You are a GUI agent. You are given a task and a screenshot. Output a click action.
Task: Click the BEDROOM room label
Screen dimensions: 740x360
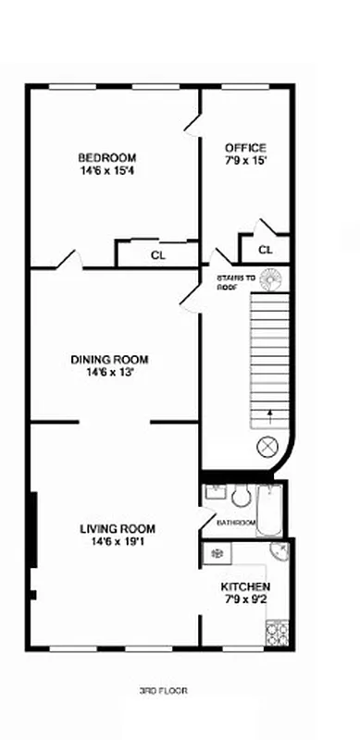coord(107,157)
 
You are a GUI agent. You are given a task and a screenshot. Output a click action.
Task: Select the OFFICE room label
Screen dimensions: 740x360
coord(246,148)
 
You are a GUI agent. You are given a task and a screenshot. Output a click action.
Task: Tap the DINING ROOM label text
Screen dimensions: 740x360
coord(109,360)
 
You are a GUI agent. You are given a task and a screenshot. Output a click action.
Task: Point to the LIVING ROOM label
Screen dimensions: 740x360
coord(117,529)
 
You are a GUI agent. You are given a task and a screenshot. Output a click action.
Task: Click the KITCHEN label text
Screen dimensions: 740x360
coord(245,587)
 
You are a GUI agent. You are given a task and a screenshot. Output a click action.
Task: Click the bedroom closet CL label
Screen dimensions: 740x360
coord(157,254)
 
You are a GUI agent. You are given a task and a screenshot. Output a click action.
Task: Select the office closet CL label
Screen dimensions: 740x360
coord(266,250)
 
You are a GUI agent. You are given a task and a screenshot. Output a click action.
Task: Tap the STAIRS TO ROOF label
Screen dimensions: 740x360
coord(235,281)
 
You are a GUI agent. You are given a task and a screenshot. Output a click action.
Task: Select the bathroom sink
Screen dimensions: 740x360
coord(215,491)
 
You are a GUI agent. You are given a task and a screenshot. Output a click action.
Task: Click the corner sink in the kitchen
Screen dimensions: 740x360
coord(279,554)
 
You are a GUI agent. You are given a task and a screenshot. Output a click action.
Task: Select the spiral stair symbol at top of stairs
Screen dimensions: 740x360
coord(270,277)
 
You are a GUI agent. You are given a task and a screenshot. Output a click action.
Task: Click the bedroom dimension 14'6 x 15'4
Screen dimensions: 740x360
coord(107,169)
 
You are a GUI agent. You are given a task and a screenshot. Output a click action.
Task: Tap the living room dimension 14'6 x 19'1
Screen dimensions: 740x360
coord(117,542)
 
